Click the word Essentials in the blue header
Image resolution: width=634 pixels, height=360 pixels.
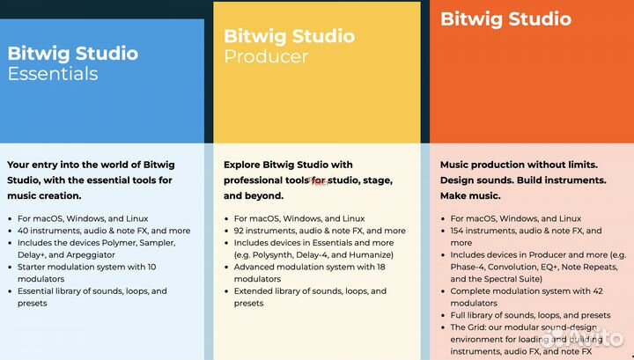click(x=53, y=74)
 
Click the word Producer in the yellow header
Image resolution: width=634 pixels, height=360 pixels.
click(x=266, y=57)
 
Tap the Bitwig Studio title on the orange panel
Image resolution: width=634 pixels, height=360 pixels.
click(x=505, y=18)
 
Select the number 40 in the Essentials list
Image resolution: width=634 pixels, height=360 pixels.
click(x=24, y=231)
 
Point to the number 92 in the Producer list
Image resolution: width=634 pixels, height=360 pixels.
click(x=240, y=231)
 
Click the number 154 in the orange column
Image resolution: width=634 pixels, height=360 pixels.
click(x=460, y=231)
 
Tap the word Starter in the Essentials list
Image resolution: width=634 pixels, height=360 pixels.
click(x=34, y=267)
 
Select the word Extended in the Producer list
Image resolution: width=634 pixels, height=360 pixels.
click(x=255, y=290)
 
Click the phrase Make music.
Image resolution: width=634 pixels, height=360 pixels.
click(x=470, y=195)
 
